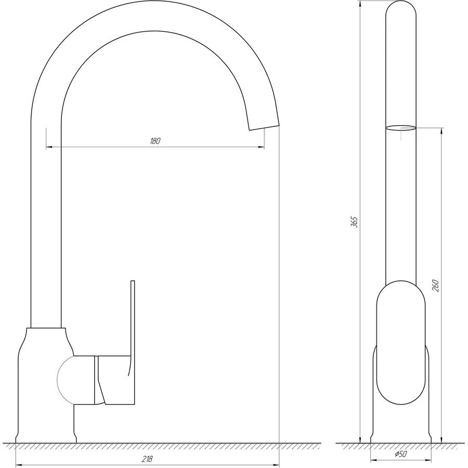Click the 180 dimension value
pyautogui.click(x=155, y=141)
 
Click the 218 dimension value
pyautogui.click(x=147, y=459)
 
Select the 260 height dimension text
pyautogui.click(x=436, y=285)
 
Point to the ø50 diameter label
pyautogui.click(x=400, y=454)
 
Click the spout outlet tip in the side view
pyautogui.click(x=263, y=123)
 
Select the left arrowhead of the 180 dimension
pyautogui.click(x=49, y=148)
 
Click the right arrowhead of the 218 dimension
pyautogui.click(x=277, y=464)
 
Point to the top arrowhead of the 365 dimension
pyautogui.click(x=360, y=4)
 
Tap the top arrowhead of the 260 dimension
pyautogui.click(x=441, y=131)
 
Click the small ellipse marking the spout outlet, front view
pyautogui.click(x=400, y=126)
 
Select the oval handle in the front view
pyautogui.click(x=400, y=343)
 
